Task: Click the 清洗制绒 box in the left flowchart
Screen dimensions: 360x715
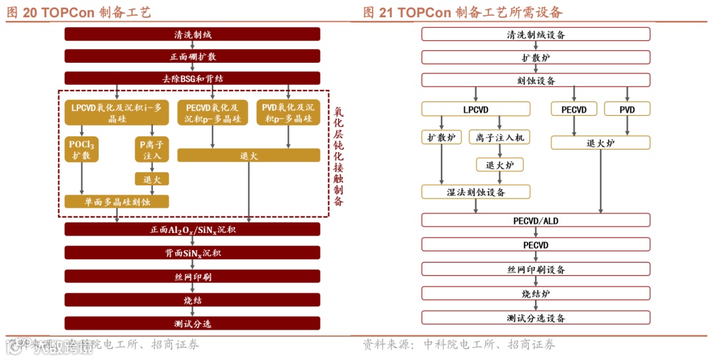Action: [x=192, y=34]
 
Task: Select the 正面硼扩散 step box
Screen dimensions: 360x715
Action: [x=192, y=56]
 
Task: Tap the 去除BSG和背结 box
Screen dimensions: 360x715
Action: [x=192, y=78]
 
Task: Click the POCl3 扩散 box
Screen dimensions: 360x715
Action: [x=82, y=150]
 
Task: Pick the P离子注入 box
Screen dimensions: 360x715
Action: [x=152, y=150]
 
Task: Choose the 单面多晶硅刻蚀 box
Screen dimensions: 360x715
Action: [x=117, y=202]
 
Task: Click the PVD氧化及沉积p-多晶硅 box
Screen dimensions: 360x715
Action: [x=288, y=112]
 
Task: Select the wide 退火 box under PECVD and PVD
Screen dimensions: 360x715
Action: [x=248, y=156]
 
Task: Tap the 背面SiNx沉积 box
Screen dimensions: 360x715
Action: [x=192, y=253]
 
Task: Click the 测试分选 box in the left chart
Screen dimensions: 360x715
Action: [x=192, y=324]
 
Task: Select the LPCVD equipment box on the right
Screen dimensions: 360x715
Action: [x=475, y=109]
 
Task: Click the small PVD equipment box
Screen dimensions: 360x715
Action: [x=626, y=109]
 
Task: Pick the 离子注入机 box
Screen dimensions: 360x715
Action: [x=500, y=138]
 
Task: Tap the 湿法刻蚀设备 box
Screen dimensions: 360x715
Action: [x=475, y=192]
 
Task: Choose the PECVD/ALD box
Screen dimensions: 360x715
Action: [x=536, y=220]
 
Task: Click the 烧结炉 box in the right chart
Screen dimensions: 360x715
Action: [x=536, y=294]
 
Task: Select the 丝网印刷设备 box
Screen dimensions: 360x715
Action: [x=536, y=270]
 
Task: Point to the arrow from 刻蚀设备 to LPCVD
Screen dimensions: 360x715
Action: [x=475, y=94]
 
